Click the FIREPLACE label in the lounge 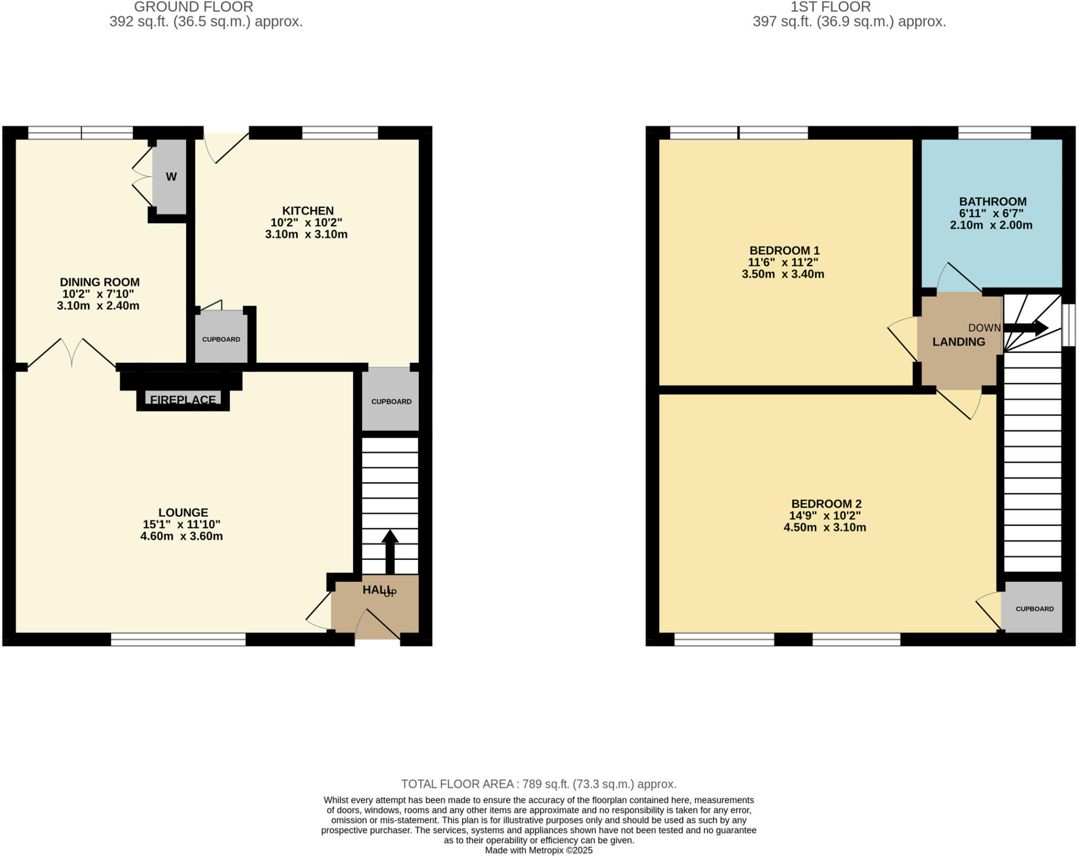coord(183,399)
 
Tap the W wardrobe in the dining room coord(171,177)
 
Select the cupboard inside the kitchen coord(221,339)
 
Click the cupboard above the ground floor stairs coord(391,401)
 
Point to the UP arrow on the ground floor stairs coord(390,551)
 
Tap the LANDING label coord(958,342)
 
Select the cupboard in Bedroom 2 coord(1034,608)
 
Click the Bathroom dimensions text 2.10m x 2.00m coord(990,225)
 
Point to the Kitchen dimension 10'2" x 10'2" coord(306,222)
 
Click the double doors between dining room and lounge coord(72,353)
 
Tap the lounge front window coord(178,639)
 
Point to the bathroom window coord(994,132)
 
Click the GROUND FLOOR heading coord(193,7)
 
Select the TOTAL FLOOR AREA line coord(538,784)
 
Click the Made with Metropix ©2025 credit coord(538,850)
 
